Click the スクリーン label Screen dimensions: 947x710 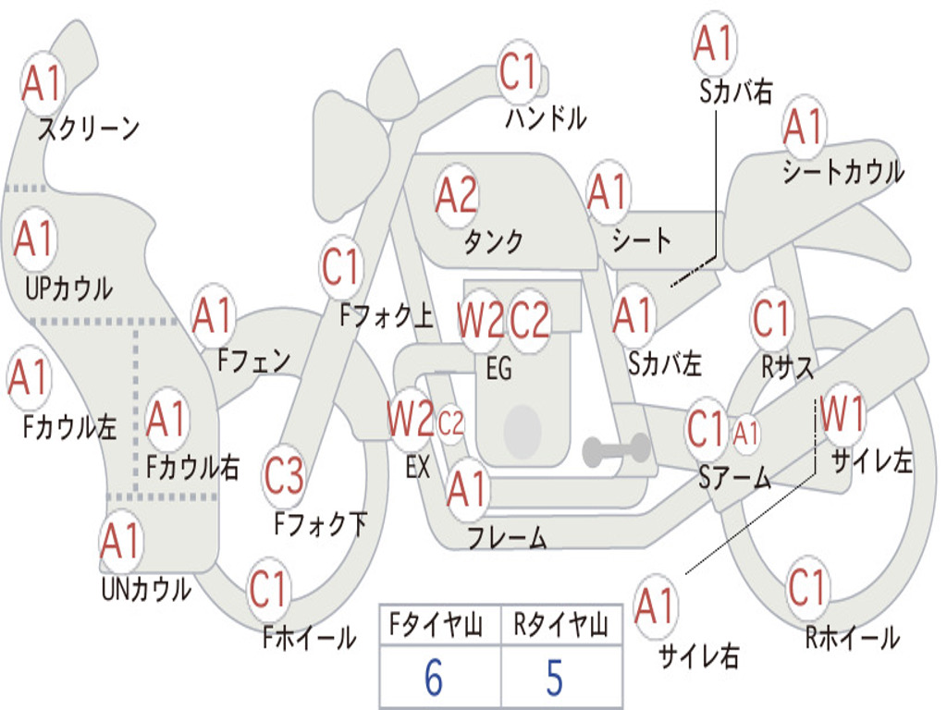89,128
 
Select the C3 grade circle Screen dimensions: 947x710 284,476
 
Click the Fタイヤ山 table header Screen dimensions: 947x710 437,625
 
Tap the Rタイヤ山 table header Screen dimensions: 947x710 560,625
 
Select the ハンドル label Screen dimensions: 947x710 546,117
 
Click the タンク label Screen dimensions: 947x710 494,241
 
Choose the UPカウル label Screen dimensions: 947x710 68,288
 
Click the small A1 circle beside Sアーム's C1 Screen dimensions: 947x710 745,433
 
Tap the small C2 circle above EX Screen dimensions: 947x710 450,423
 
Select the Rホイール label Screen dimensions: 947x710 853,638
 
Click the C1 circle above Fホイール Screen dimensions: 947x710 268,589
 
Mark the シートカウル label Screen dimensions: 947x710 843,172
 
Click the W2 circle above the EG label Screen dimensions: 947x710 481,319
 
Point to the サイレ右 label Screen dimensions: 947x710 699,655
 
